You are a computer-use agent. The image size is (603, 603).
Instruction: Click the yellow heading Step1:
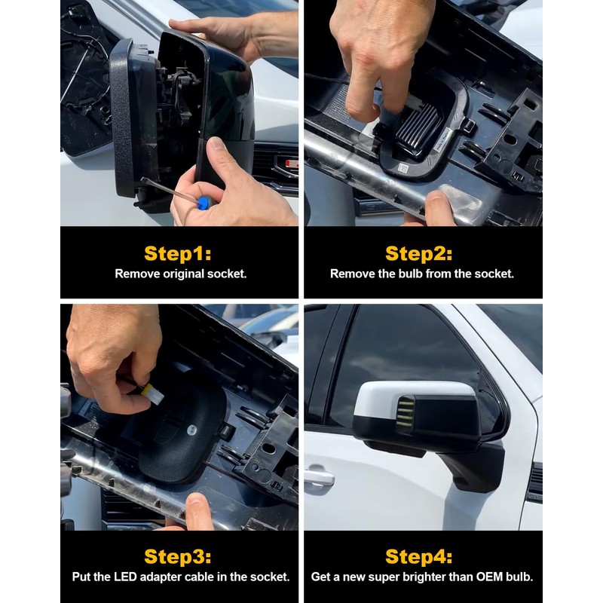click(x=178, y=254)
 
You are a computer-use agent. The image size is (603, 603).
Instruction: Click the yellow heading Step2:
click(x=419, y=254)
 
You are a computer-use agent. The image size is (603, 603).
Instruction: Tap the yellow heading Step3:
click(x=178, y=556)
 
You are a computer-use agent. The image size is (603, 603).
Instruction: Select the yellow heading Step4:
click(x=419, y=556)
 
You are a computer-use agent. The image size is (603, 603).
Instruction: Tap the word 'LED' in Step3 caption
click(x=125, y=577)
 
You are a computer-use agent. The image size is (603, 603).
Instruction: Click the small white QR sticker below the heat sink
click(x=403, y=168)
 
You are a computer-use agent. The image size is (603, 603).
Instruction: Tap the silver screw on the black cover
click(x=191, y=430)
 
